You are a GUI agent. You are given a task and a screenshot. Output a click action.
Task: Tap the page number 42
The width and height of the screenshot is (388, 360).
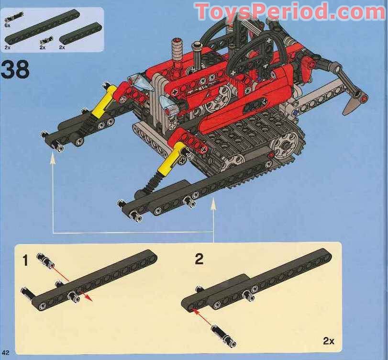[5, 353]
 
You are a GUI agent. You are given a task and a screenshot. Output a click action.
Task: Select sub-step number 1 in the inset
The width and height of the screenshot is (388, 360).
[25, 261]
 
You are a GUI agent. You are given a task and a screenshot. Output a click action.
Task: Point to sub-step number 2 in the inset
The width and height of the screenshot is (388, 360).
[199, 260]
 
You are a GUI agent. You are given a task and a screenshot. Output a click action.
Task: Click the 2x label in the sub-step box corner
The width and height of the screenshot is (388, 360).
[329, 341]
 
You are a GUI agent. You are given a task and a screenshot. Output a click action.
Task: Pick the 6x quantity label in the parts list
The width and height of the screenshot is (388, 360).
[8, 25]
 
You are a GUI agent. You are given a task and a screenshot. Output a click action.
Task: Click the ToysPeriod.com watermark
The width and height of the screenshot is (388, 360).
[290, 11]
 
